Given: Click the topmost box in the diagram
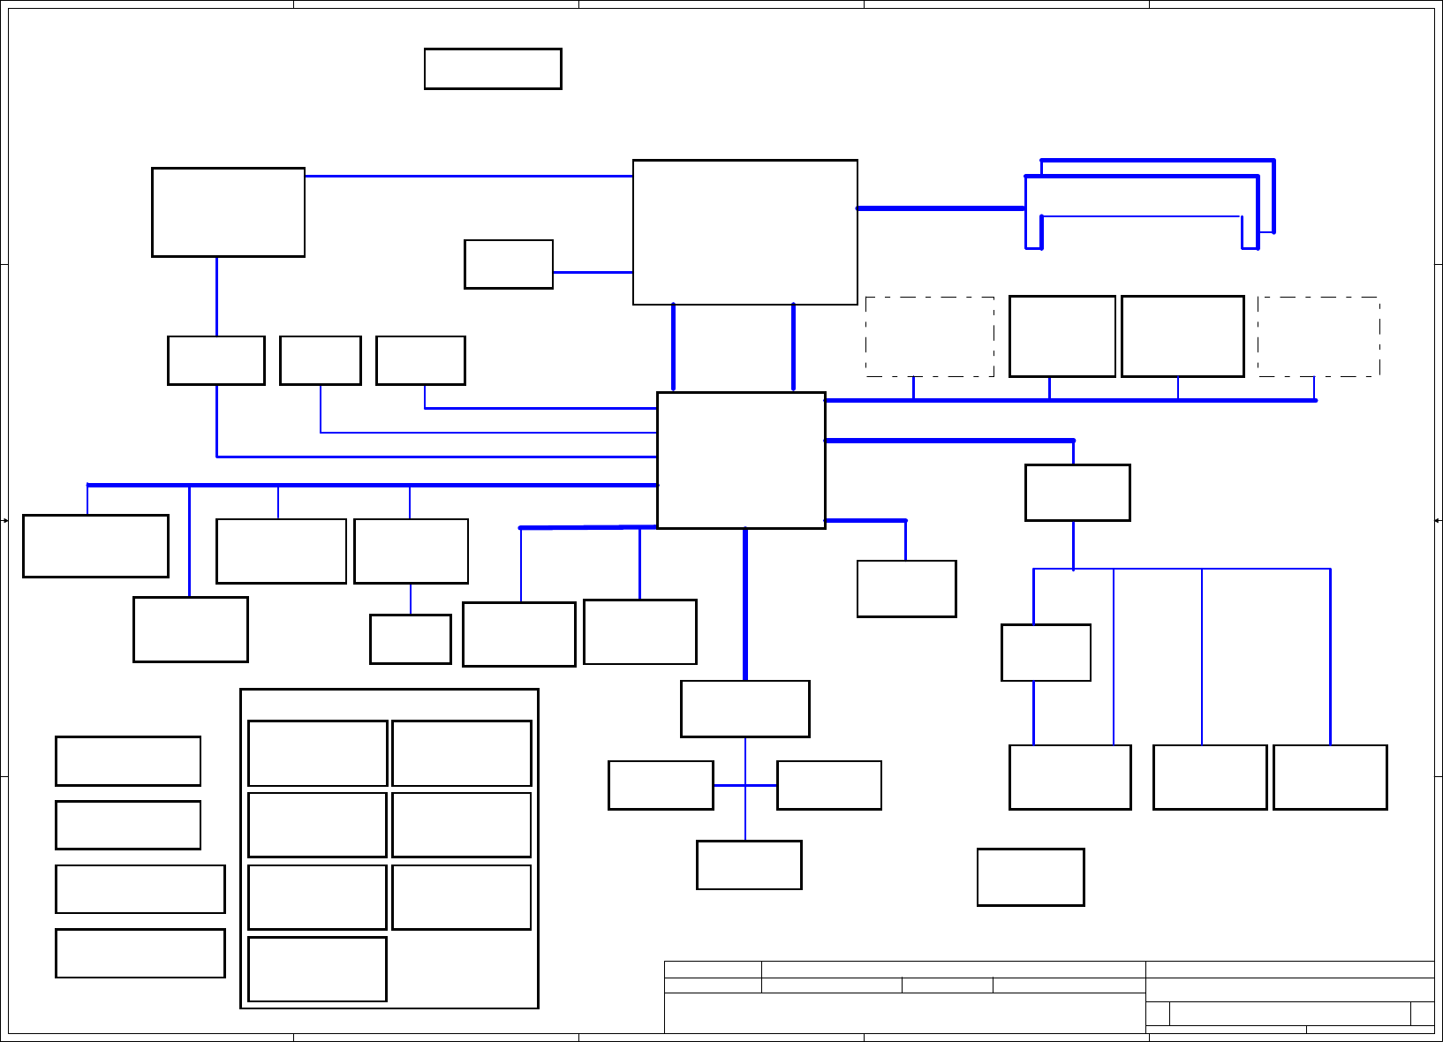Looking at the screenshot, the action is click(x=493, y=69).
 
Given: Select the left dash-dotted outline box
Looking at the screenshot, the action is click(x=930, y=336).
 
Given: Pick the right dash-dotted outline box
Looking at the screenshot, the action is click(x=1318, y=336).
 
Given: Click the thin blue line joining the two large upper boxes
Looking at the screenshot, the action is click(x=468, y=176).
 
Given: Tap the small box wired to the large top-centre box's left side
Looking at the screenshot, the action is click(x=509, y=264).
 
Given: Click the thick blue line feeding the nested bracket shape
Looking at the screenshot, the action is click(x=941, y=208).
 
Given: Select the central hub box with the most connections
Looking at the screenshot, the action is click(x=741, y=460).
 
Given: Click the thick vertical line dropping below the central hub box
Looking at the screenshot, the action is click(x=745, y=604).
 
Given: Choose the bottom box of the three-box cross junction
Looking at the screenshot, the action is click(x=749, y=865).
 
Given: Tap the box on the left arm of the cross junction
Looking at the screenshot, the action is click(x=661, y=785).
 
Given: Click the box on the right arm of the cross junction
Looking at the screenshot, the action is click(x=829, y=785).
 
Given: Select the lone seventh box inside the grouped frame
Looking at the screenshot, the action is click(x=318, y=969).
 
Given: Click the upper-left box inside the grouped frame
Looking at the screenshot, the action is click(x=318, y=753).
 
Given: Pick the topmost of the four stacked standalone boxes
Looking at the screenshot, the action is click(x=128, y=761).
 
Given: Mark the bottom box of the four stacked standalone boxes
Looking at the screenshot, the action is click(x=140, y=953).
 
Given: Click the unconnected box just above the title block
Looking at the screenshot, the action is click(x=1031, y=877).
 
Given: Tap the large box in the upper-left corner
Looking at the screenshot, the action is click(x=228, y=212).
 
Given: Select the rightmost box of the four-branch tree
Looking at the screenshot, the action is click(x=1330, y=777).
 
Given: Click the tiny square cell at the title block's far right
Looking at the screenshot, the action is click(x=1422, y=1014).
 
